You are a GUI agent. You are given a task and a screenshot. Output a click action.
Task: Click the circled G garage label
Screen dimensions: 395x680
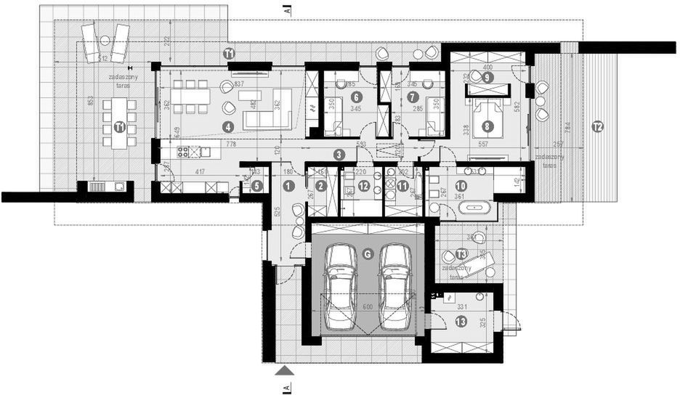(x=368, y=254)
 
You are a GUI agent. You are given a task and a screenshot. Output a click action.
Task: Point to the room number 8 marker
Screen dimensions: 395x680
(x=487, y=126)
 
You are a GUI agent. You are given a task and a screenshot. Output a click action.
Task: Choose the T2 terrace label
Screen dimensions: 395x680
(x=597, y=126)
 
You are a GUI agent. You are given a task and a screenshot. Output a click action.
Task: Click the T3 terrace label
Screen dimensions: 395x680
(x=462, y=254)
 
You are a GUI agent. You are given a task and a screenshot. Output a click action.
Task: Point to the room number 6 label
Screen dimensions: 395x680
(x=356, y=96)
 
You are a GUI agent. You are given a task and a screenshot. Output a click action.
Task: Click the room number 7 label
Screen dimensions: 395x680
(x=413, y=96)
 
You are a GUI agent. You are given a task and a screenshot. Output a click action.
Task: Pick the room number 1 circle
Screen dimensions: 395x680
(x=288, y=186)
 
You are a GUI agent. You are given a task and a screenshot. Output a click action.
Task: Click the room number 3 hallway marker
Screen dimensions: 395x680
(x=339, y=154)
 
